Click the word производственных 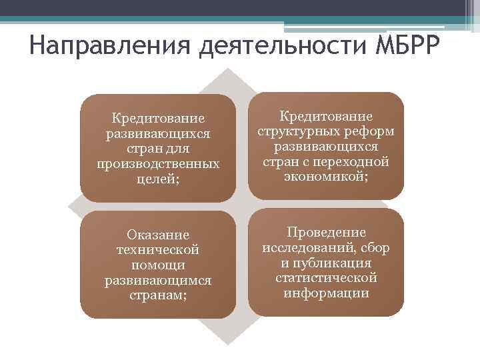[158, 163]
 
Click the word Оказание [158, 235]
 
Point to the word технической [158, 249]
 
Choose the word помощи [158, 264]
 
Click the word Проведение [326, 233]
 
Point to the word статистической [326, 277]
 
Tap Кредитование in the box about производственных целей [158, 119]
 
